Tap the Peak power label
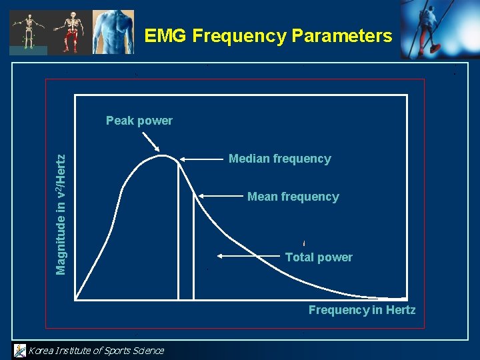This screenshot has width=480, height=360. pos(139,121)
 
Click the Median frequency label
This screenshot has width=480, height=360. pos(279,159)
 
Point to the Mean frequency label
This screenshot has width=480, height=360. pos(293,197)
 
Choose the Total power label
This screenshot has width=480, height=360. pos(319,257)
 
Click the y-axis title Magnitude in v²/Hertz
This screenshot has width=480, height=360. pos(61,213)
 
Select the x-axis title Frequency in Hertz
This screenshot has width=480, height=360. pos(361,310)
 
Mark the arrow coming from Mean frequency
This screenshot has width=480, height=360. pos(220,196)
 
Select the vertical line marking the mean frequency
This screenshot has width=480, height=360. pos(193,247)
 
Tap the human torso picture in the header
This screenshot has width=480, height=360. pos(113,31)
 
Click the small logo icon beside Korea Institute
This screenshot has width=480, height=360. pos(20,350)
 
